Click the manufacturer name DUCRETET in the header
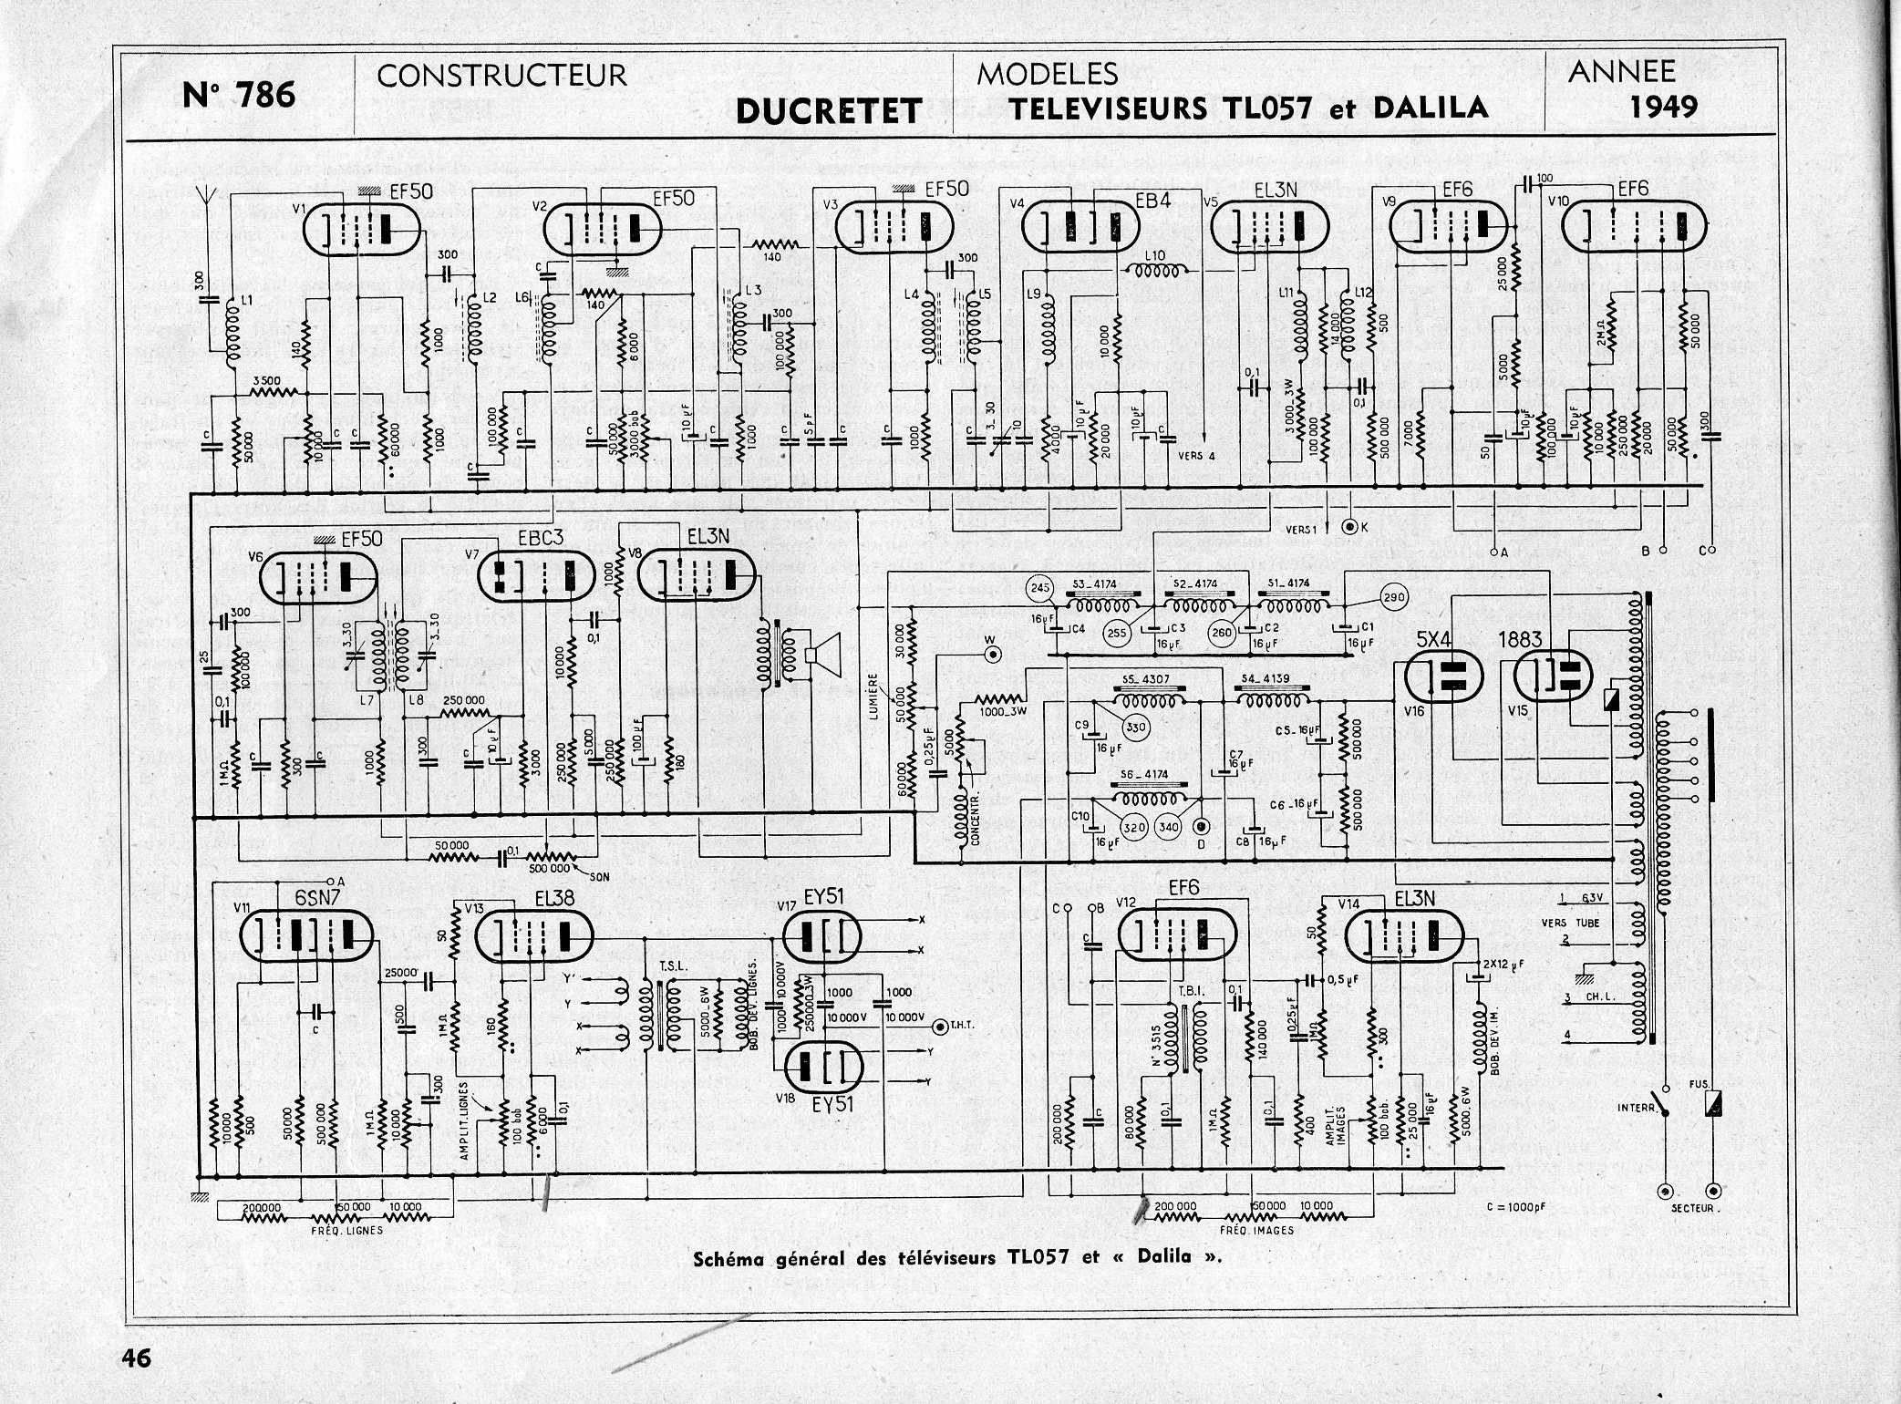point(828,111)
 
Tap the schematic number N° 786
point(239,94)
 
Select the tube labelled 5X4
point(1443,676)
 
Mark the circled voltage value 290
point(1394,597)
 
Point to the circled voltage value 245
point(1040,588)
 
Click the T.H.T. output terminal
point(940,1027)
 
